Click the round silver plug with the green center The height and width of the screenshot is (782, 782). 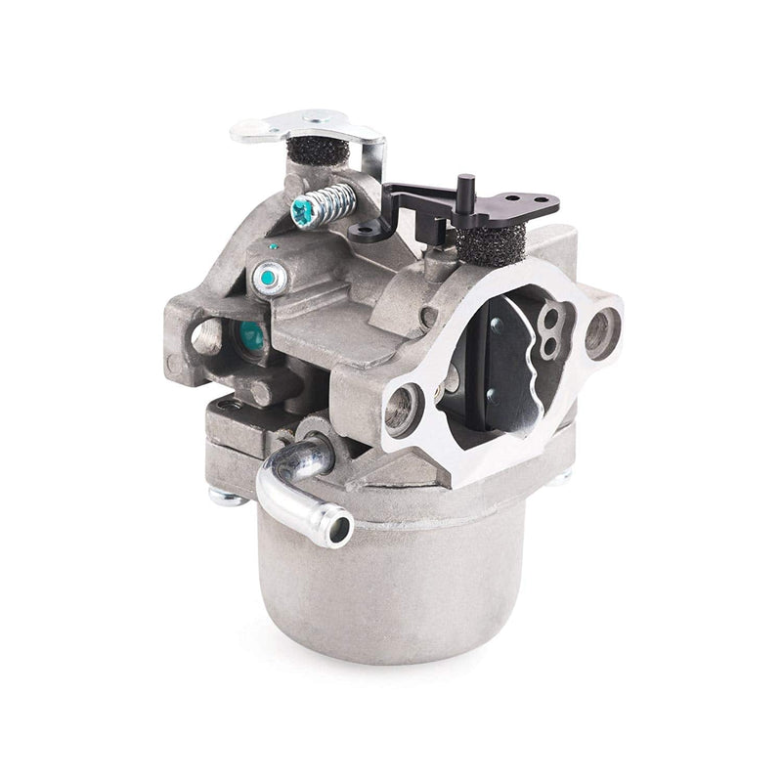tap(267, 279)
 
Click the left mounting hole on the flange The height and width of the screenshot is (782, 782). tap(404, 407)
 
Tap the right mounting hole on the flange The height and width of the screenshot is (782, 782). tap(599, 333)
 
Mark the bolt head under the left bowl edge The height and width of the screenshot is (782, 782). tap(226, 497)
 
